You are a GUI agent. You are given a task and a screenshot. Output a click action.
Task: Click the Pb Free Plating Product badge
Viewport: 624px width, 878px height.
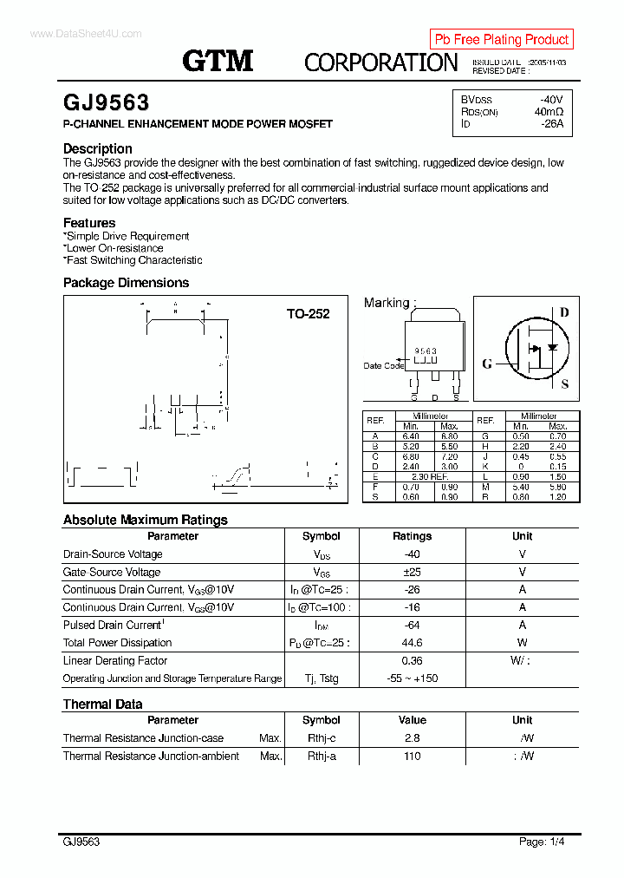[x=501, y=39]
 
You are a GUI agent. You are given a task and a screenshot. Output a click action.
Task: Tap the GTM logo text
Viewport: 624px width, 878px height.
[x=218, y=61]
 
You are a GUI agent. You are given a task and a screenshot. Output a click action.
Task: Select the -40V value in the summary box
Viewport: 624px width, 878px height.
[x=550, y=99]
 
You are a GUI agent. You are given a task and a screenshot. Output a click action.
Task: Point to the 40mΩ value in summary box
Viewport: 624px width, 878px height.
[x=549, y=111]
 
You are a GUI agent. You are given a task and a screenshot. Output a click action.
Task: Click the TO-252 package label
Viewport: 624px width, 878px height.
[x=308, y=314]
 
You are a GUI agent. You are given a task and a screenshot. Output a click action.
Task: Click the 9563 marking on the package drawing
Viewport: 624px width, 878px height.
[x=425, y=351]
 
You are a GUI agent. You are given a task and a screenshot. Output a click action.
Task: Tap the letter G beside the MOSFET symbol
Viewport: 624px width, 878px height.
[x=487, y=364]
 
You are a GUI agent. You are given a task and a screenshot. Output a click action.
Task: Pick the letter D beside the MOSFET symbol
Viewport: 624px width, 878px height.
[x=564, y=312]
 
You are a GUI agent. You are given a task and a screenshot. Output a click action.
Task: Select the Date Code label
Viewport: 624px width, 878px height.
[x=383, y=365]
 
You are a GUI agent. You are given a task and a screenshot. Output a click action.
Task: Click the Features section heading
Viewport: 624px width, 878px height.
[x=89, y=223]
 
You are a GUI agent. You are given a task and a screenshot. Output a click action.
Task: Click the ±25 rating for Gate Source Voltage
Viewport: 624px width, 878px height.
[x=412, y=572]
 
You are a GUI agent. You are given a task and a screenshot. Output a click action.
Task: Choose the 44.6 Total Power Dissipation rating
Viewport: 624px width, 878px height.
[x=412, y=643]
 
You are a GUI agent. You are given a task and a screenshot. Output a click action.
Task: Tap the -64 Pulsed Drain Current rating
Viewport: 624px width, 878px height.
[x=412, y=625]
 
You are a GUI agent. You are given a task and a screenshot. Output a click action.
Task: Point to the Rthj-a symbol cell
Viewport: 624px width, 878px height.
[x=321, y=756]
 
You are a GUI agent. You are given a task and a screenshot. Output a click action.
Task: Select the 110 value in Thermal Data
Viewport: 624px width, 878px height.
[x=412, y=756]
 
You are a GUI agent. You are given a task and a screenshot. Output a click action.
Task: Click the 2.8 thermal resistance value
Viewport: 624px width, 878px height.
[x=412, y=738]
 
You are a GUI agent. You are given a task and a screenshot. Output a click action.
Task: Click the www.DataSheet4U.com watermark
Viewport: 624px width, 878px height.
[x=85, y=34]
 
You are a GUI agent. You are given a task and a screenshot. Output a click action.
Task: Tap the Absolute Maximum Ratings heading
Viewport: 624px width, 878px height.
[x=145, y=520]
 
